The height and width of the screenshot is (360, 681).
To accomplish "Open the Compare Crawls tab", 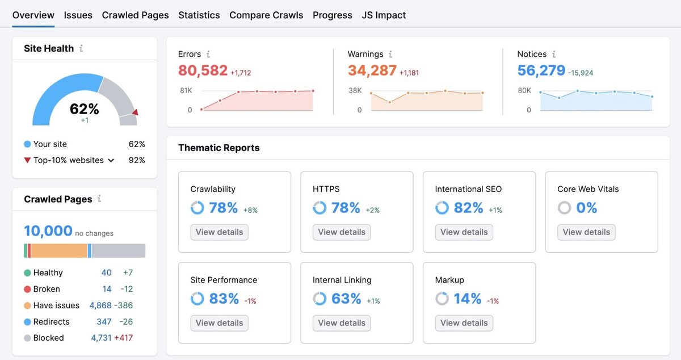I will (266, 15).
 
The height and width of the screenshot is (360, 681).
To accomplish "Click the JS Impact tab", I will (384, 15).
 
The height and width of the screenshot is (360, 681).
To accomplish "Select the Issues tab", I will (78, 15).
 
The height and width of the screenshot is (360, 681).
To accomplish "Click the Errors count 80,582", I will (203, 70).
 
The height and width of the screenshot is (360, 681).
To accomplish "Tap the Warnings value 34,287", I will (372, 70).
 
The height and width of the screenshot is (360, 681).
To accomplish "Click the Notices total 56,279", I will (541, 70).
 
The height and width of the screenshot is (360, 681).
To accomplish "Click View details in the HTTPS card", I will (342, 232).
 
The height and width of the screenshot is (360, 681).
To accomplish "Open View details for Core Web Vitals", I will (586, 232).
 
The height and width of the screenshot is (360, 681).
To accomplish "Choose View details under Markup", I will (464, 323).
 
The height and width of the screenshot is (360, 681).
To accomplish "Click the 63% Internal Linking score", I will (346, 299).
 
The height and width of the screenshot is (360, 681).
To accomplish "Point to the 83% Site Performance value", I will (224, 299).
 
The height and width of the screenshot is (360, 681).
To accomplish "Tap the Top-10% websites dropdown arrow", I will (111, 161).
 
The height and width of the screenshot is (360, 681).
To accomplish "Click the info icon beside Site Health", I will (81, 49).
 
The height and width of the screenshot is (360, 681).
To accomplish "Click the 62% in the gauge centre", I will (85, 109).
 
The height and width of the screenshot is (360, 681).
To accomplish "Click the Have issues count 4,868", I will (100, 305).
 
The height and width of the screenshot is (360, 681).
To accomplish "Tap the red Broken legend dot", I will (27, 289).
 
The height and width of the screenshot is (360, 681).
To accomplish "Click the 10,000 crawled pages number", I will (48, 231).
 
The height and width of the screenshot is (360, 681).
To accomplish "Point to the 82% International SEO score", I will (468, 208).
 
